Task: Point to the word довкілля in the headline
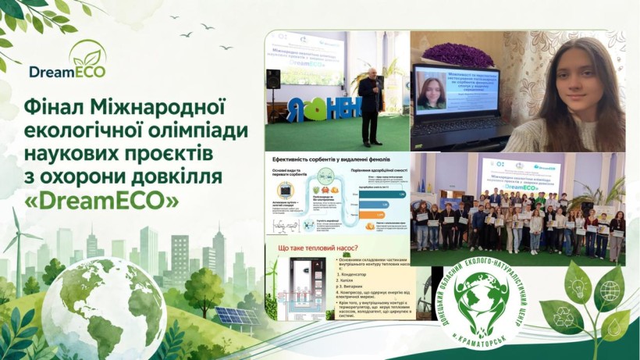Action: (176, 177)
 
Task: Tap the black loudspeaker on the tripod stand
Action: (273, 78)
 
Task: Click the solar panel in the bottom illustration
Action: (235, 316)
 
